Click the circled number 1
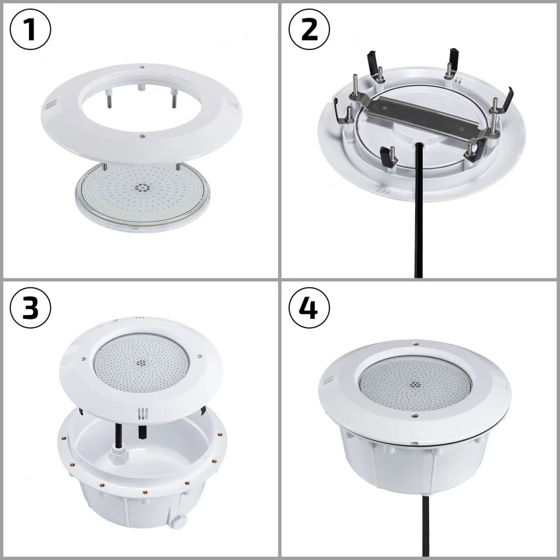(30, 30)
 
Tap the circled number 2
(310, 30)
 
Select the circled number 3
(30, 308)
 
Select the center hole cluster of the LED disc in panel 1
(141, 187)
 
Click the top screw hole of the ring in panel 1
(142, 67)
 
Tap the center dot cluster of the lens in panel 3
(140, 362)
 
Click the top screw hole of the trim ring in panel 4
(415, 343)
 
